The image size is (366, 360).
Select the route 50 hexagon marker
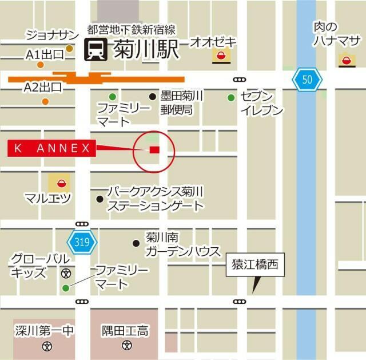pos(307,80)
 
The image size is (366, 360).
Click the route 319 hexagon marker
pos(82,242)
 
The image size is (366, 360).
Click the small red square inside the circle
pos(154,150)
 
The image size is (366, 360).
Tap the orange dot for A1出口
pos(70,49)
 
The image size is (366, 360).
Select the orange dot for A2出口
pos(45,102)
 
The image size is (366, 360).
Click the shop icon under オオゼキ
pos(220,56)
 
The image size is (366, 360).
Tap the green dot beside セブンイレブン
pos(231,97)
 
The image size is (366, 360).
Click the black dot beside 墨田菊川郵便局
pos(152,97)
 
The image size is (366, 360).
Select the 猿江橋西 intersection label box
pos(254,265)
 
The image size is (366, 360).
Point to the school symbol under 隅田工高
pos(126,346)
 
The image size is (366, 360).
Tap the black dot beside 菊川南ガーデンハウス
pos(136,243)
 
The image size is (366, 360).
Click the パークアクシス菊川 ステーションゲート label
pos(156,198)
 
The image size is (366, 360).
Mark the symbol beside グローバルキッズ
pos(66,272)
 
